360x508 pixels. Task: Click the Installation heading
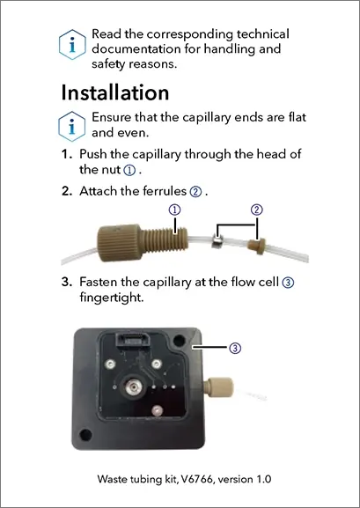[115, 92]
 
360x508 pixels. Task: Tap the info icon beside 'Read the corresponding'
[72, 45]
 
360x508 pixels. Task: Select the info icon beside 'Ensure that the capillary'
[72, 127]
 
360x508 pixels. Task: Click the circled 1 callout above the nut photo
[174, 210]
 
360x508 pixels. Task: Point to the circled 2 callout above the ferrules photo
[257, 210]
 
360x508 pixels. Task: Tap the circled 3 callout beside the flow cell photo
[235, 348]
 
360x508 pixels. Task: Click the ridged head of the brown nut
[119, 242]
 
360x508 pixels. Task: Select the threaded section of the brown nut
[165, 240]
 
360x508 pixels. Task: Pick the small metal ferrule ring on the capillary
[217, 242]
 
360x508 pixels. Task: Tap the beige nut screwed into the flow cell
[218, 387]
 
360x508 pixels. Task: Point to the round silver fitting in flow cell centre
[133, 387]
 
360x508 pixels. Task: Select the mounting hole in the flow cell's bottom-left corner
[85, 435]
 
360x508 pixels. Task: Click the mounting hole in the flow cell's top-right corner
[180, 341]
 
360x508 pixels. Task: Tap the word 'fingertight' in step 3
[110, 298]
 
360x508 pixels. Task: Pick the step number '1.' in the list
[67, 154]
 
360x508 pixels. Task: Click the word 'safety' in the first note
[108, 63]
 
